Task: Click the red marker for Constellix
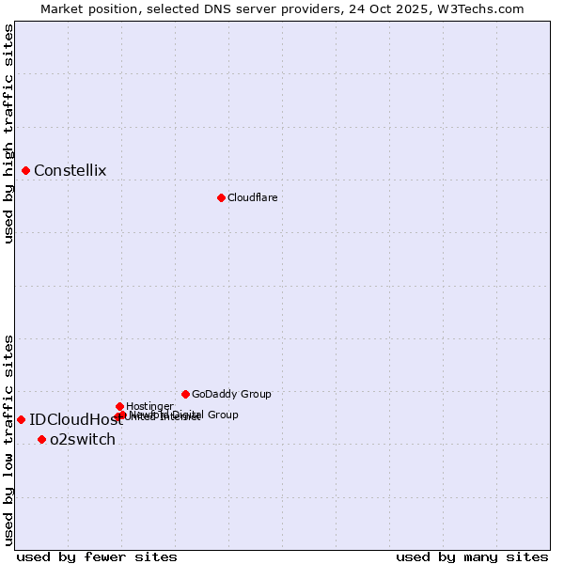[x=25, y=170]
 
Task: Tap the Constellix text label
[x=70, y=171]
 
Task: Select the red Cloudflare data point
[x=221, y=197]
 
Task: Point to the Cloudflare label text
[x=252, y=198]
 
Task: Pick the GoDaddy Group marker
[x=185, y=394]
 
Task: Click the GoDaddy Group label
[x=231, y=395]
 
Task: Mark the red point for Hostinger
[x=119, y=406]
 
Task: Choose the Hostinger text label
[x=149, y=406]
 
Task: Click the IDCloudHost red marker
[x=21, y=419]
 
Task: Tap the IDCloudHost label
[x=76, y=420]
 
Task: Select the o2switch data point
[x=41, y=439]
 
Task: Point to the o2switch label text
[x=83, y=440]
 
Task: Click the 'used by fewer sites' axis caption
[x=97, y=557]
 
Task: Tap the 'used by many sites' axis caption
[x=472, y=557]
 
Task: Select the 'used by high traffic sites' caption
[x=9, y=133]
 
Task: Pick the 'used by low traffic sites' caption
[x=9, y=440]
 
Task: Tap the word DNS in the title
[x=212, y=8]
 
